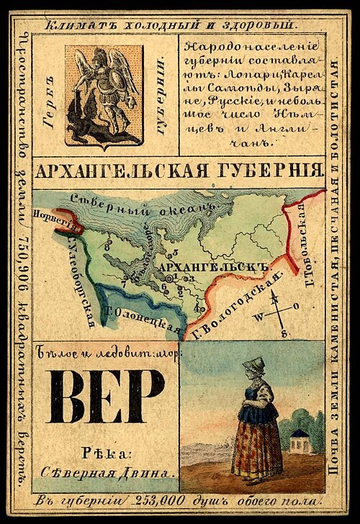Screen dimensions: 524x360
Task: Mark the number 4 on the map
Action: point(196,308)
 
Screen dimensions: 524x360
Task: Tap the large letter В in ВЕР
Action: point(68,399)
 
